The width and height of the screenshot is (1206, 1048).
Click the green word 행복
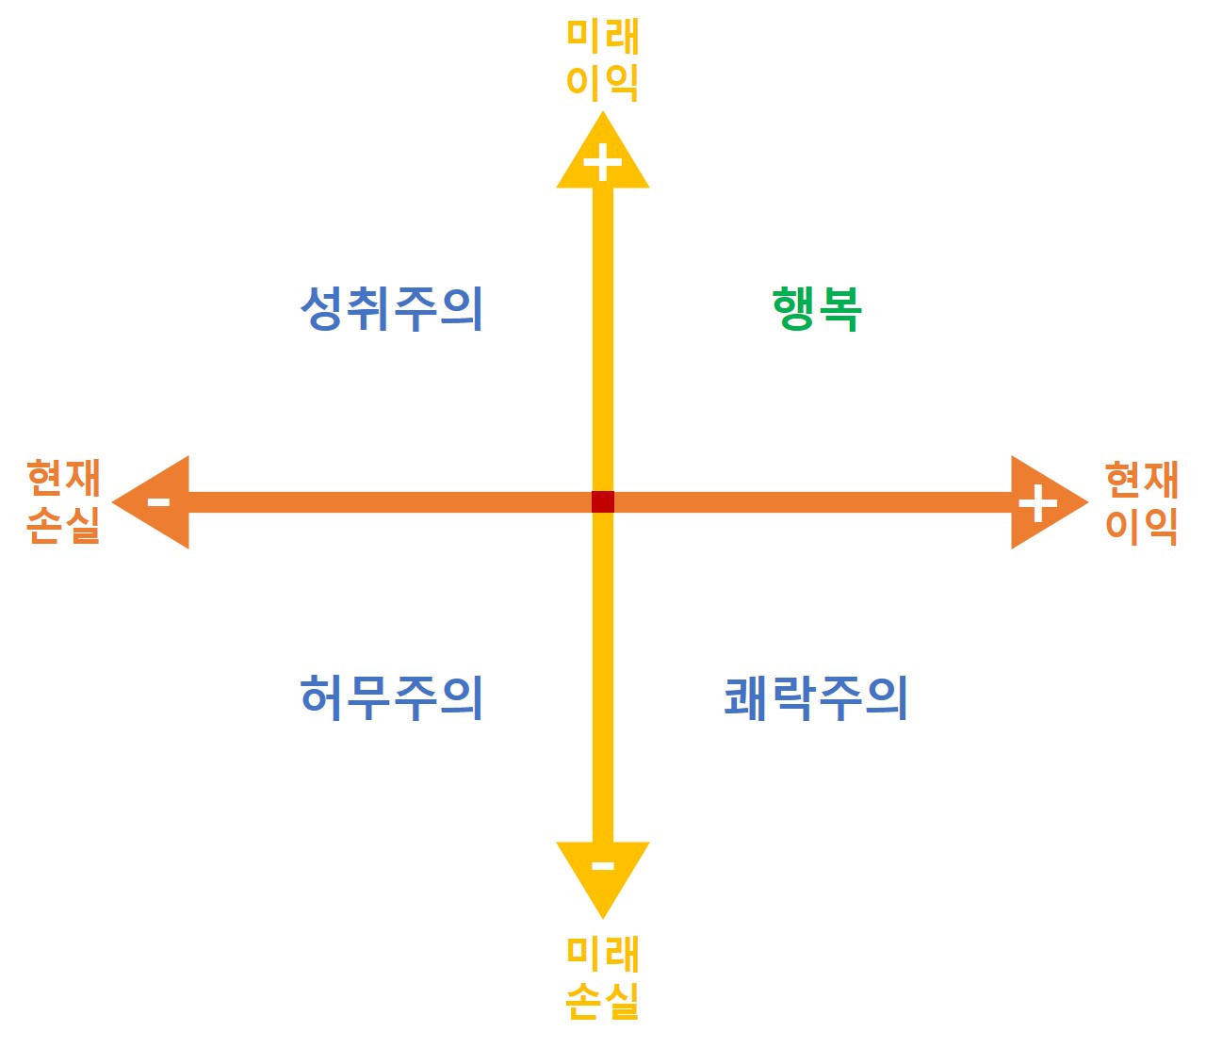click(x=817, y=309)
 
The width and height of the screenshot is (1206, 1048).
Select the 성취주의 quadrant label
click(x=392, y=309)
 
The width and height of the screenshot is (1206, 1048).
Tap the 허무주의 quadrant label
click(x=392, y=698)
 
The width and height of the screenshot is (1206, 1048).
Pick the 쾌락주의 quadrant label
click(x=816, y=698)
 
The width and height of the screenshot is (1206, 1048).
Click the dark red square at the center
click(x=603, y=501)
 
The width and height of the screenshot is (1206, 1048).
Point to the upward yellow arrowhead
click(x=603, y=156)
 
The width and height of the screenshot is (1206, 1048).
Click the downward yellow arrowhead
click(x=603, y=872)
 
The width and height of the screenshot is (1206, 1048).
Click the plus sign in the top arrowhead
click(x=603, y=164)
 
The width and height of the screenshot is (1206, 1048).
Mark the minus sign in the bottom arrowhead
click(x=603, y=866)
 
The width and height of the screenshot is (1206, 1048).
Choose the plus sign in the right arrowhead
click(x=1037, y=502)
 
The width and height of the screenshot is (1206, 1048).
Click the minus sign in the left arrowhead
click(x=158, y=501)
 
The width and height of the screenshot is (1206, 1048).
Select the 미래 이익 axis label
click(x=603, y=59)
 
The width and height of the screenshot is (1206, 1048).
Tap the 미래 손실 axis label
click(x=603, y=977)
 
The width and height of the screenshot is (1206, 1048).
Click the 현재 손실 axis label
click(x=63, y=501)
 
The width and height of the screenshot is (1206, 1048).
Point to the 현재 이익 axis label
click(x=1142, y=502)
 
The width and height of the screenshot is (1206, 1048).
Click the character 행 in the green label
click(x=794, y=309)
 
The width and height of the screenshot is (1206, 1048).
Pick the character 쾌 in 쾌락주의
click(x=746, y=698)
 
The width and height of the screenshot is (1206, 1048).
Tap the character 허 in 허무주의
click(x=322, y=698)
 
